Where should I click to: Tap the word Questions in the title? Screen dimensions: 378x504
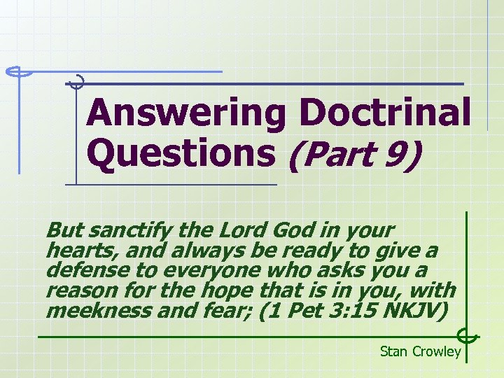pyautogui.click(x=181, y=153)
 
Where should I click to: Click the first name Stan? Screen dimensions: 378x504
pyautogui.click(x=394, y=351)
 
